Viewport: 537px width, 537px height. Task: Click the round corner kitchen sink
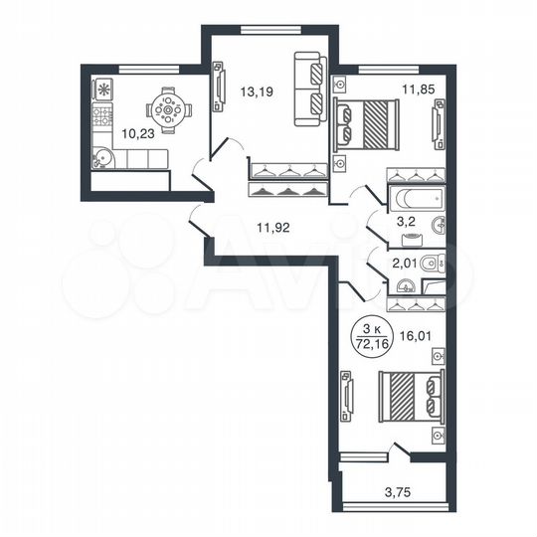[x=103, y=157]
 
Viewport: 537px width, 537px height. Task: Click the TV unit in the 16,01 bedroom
[x=346, y=396]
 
